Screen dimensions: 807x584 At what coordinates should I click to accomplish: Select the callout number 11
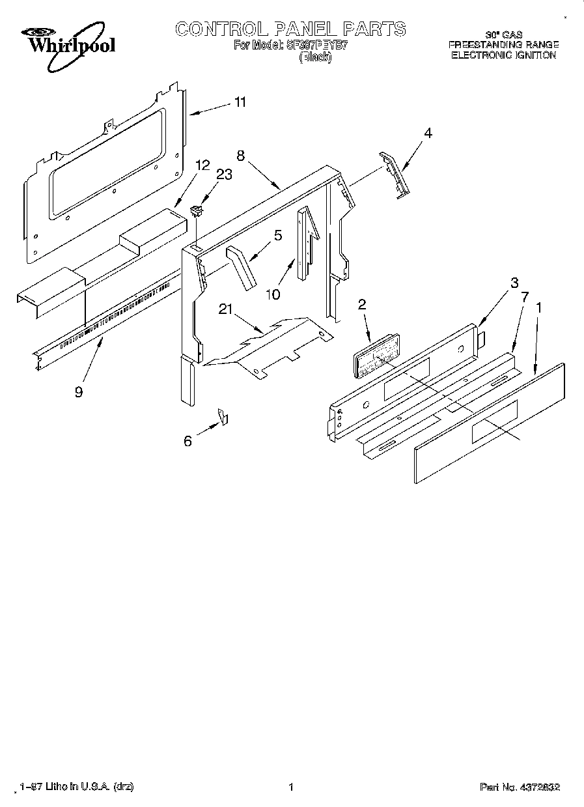240,102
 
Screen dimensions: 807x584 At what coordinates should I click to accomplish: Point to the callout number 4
427,133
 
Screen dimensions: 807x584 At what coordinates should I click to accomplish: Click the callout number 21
225,310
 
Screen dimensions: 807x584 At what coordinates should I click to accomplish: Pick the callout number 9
79,393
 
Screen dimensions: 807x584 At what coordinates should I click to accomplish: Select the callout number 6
188,441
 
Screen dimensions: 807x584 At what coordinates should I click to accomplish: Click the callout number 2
362,304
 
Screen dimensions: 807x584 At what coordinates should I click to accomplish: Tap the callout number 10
273,294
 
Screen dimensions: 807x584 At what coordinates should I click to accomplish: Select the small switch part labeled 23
196,210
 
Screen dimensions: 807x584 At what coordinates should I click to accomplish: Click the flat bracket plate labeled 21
273,345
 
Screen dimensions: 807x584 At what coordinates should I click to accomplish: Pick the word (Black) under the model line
315,57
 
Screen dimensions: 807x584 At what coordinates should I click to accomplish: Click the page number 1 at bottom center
292,787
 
